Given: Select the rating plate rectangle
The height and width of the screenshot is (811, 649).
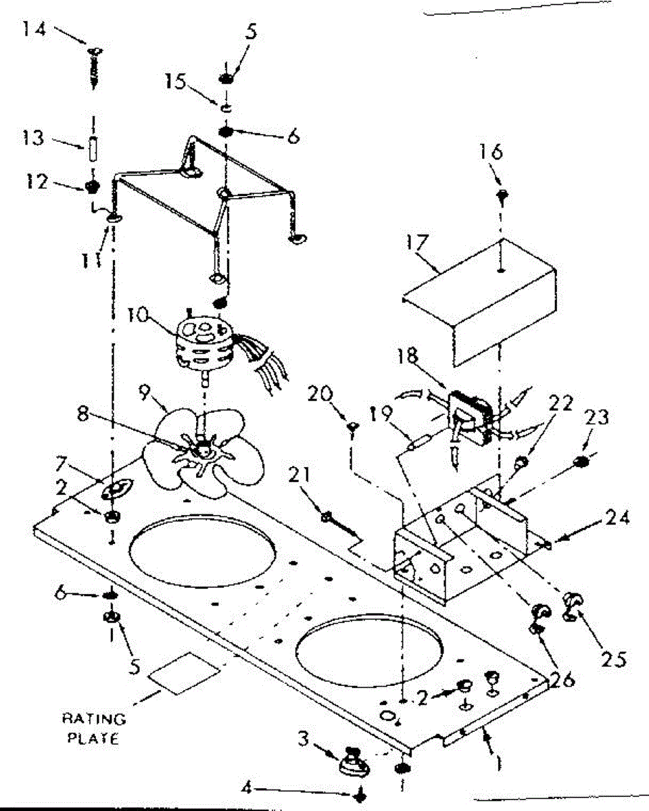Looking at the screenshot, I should click(x=185, y=672).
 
